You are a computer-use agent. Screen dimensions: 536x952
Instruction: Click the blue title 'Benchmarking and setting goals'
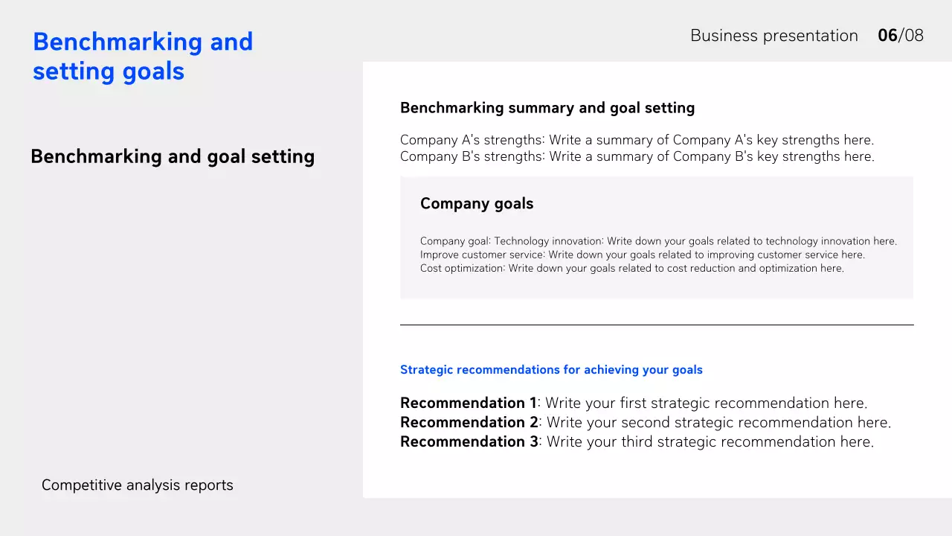pyautogui.click(x=143, y=57)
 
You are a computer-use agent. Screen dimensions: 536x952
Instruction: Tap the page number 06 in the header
pyautogui.click(x=887, y=36)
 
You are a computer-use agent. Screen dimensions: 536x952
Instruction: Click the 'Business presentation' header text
pyautogui.click(x=773, y=36)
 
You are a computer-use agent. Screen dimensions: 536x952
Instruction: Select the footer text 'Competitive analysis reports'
pyautogui.click(x=138, y=485)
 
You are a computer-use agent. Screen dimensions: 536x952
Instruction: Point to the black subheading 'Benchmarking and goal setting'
pyautogui.click(x=173, y=157)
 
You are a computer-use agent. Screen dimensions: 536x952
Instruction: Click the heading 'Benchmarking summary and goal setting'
pyautogui.click(x=547, y=108)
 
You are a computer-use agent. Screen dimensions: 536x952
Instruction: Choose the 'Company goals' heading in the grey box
pyautogui.click(x=477, y=204)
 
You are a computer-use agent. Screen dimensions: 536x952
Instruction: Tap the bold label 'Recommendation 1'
pyautogui.click(x=468, y=403)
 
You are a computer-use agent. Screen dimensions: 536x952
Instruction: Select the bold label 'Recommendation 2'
pyautogui.click(x=469, y=423)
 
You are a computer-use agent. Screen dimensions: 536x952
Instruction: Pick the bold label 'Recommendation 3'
pyautogui.click(x=469, y=442)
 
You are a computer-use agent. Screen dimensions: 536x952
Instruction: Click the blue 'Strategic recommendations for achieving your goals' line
pyautogui.click(x=551, y=370)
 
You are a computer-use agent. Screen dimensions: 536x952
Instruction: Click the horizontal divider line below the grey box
pyautogui.click(x=657, y=325)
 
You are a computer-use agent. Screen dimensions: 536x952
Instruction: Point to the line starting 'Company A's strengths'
pyautogui.click(x=637, y=140)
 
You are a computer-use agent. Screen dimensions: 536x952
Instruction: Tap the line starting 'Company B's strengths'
pyautogui.click(x=637, y=156)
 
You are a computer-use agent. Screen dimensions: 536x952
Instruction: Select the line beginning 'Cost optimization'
pyautogui.click(x=631, y=268)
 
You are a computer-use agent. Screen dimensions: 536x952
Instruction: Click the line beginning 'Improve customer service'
pyautogui.click(x=642, y=255)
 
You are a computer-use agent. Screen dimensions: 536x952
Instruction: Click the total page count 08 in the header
pyautogui.click(x=913, y=36)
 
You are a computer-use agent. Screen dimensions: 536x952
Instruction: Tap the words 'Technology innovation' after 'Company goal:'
pyautogui.click(x=548, y=241)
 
